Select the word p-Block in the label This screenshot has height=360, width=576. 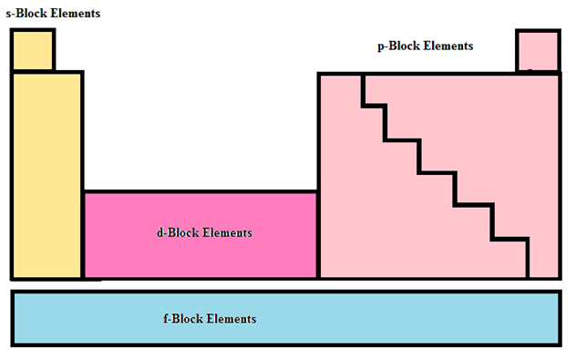point(396,46)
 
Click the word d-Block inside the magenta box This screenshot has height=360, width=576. point(177,232)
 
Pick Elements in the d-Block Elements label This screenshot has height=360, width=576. point(225,232)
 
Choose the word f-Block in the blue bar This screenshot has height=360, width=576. point(181,319)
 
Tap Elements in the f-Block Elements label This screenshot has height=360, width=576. point(230,319)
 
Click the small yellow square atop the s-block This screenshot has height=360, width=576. point(33,50)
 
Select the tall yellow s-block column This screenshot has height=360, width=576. point(46,173)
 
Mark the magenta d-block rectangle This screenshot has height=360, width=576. point(201,255)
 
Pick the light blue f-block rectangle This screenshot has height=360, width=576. point(365,319)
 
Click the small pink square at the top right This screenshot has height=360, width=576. point(537,50)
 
